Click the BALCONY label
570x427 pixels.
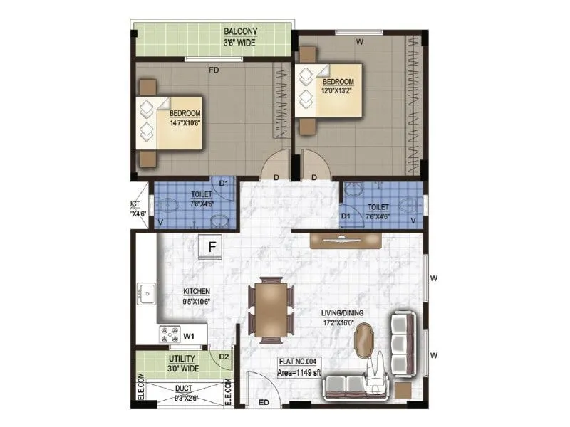(241, 32)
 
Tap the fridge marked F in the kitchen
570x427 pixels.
(212, 247)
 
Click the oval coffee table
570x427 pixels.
(365, 339)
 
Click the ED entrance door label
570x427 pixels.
(263, 404)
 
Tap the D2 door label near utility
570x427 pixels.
(223, 356)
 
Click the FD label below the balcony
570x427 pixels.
(213, 70)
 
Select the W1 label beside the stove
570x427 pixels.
(189, 334)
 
